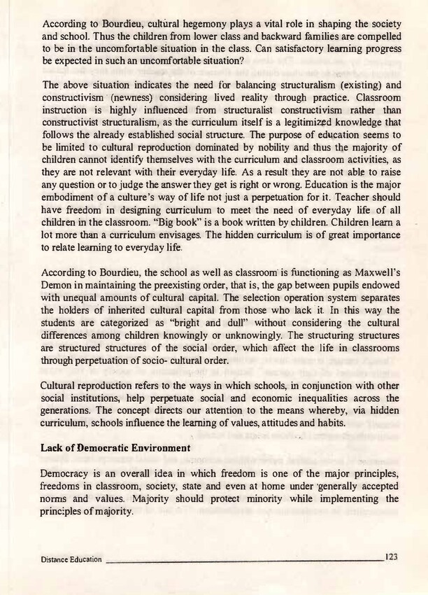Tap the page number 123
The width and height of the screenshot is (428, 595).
(391, 556)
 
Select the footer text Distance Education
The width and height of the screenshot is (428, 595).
(72, 559)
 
